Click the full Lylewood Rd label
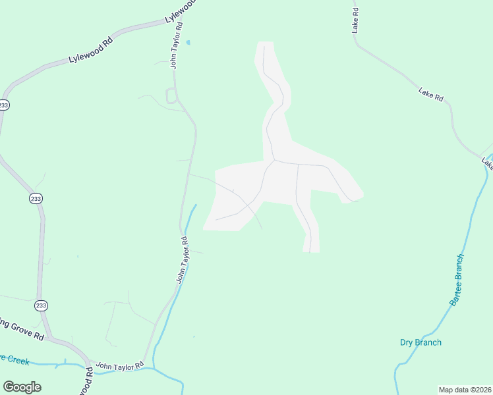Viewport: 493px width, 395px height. tap(91, 50)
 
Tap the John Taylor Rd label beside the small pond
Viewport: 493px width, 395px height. tap(177, 45)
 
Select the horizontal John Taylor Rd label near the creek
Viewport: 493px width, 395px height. tap(120, 365)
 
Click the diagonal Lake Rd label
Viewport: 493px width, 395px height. tap(431, 94)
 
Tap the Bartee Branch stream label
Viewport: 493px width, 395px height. tap(457, 279)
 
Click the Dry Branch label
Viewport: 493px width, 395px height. tap(420, 342)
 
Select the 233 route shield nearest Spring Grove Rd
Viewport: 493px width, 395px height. tap(41, 305)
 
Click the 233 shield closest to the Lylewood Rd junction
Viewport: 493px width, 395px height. tap(5, 105)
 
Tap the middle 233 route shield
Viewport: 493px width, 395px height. tap(35, 198)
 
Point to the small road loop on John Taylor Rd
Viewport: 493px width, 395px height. tap(171, 96)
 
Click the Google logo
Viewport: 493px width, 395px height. tap(22, 387)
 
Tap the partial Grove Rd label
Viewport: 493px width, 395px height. tap(22, 329)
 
